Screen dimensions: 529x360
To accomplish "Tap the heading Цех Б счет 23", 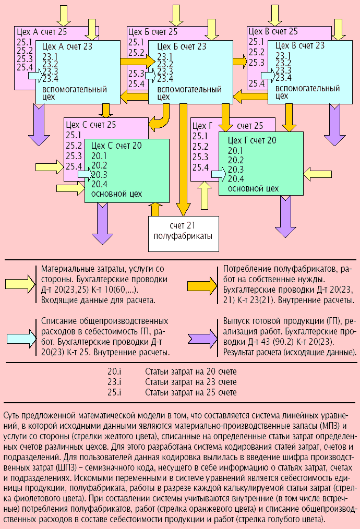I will point(182,46).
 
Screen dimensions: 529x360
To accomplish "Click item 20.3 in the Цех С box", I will point(99,175).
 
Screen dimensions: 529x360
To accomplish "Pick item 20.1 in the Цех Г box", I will point(236,150).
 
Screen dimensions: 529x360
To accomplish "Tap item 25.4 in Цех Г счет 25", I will point(200,167).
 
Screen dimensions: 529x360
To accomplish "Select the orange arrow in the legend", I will point(204,284).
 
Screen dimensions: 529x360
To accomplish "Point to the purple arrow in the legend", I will point(204,338).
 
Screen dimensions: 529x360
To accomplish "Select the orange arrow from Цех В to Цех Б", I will point(250,94).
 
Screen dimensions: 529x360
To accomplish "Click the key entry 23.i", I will point(114,382).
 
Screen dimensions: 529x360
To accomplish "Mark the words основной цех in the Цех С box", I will point(116,194).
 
